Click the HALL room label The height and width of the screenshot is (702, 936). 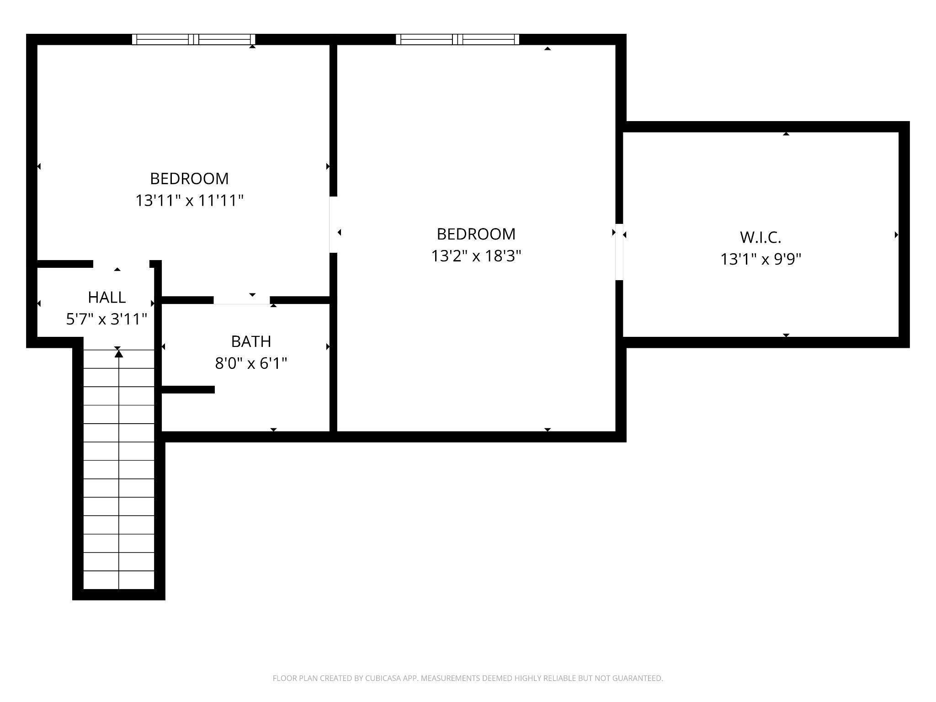coord(106,298)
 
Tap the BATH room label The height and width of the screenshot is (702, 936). coord(251,341)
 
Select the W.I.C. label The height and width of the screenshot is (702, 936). coord(760,238)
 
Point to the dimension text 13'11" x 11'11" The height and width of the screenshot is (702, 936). coord(189,201)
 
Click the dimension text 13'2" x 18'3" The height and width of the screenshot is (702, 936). coord(476,256)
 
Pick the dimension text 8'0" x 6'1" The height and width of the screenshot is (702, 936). coord(251,364)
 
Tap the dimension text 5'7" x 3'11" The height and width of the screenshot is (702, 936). coord(106,319)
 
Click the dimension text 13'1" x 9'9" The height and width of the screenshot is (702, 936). coord(760,260)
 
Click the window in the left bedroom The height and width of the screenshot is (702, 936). coord(193,40)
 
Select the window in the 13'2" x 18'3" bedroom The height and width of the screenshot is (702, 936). coord(457,40)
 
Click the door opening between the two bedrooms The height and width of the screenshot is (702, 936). coord(334,224)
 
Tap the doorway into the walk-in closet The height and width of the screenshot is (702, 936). coord(619,251)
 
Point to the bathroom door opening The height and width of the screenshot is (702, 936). coord(241,300)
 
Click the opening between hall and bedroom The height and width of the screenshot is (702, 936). coord(121,264)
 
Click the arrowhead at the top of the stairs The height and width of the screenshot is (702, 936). coord(119,353)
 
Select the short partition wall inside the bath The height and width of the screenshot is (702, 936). coord(188,389)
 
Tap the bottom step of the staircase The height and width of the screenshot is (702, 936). coord(119,580)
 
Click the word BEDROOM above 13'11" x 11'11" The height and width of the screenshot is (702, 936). coord(189,179)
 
